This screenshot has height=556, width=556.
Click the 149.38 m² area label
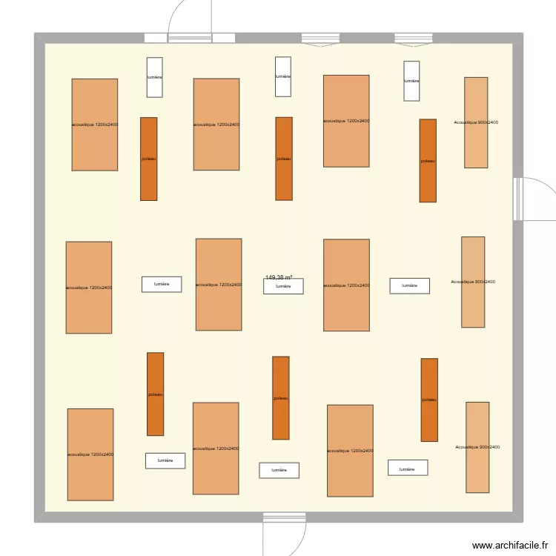tap(279, 278)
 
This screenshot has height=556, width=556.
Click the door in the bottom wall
tap(284, 517)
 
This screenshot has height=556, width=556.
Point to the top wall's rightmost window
tap(413, 39)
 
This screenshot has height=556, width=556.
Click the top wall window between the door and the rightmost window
tap(320, 39)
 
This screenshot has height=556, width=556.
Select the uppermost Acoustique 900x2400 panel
tap(476, 122)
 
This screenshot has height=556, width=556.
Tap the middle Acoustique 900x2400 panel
tap(473, 282)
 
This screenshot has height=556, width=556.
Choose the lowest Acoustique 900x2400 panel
tap(477, 447)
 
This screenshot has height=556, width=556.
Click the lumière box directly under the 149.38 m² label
tap(283, 286)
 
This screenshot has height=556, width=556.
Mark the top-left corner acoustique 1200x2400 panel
tap(95, 125)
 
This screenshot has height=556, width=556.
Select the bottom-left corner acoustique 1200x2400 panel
tap(90, 454)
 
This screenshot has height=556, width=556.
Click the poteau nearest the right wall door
tap(428, 160)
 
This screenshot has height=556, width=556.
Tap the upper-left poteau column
tap(149, 159)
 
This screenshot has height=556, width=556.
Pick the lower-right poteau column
tap(429, 400)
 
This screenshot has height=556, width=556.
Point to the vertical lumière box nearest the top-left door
tap(154, 77)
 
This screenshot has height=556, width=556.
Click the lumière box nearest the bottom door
tap(279, 470)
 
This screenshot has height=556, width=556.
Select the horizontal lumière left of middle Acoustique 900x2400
tap(409, 285)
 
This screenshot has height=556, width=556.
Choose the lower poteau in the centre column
tap(280, 398)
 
